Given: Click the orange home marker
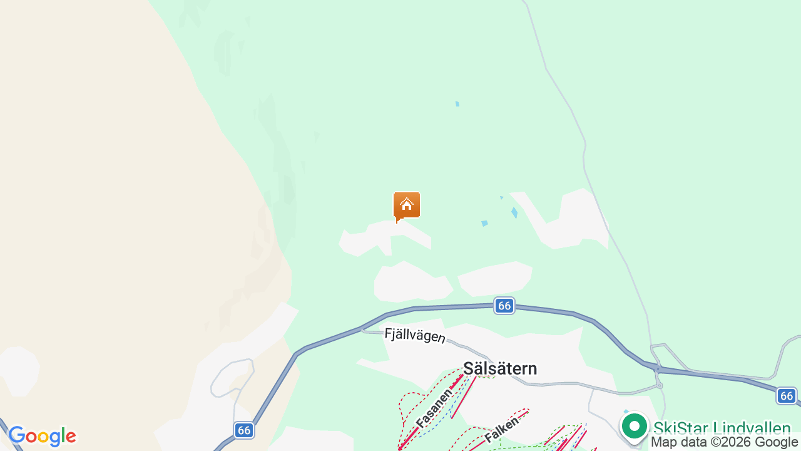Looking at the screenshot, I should (407, 205).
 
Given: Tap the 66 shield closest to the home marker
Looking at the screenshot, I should (504, 306).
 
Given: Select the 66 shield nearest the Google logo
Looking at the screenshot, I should (244, 430).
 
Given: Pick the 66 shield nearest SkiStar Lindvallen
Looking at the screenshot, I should (787, 396).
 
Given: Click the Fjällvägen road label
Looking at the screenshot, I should (414, 336).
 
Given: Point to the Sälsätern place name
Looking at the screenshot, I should (500, 368).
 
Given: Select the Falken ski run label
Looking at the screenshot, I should (501, 430).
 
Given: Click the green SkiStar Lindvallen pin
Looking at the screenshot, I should (635, 427).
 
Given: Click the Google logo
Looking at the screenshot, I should (42, 436).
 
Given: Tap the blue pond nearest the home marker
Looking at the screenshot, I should (484, 224).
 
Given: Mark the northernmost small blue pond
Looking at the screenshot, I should (457, 103).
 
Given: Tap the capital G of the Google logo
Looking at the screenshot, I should (17, 435).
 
